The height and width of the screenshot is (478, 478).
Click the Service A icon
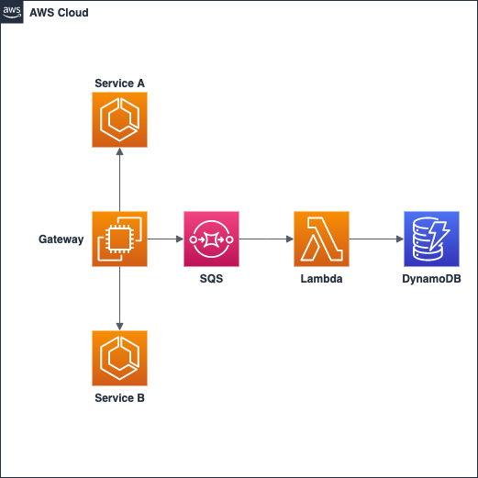(x=119, y=119)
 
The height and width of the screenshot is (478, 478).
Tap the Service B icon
(x=119, y=358)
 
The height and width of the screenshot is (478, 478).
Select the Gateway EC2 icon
(x=119, y=239)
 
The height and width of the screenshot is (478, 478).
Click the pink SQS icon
(x=211, y=239)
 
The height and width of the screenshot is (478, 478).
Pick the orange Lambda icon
(x=321, y=239)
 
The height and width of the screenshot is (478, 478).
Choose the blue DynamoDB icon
(x=431, y=239)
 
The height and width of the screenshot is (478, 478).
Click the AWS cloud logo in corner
(x=12, y=12)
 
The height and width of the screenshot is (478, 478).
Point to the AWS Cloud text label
(x=59, y=13)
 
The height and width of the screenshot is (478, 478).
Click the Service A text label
(x=119, y=83)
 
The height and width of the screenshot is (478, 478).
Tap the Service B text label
(x=119, y=398)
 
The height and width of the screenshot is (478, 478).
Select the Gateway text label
(x=61, y=239)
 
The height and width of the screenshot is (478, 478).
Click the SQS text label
(x=211, y=278)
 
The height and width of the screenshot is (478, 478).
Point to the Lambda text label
(x=321, y=278)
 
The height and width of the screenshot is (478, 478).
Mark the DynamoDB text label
(x=431, y=278)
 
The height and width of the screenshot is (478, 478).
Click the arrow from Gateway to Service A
(x=119, y=179)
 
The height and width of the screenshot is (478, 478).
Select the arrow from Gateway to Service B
(x=119, y=298)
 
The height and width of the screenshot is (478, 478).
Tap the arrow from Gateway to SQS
(x=165, y=239)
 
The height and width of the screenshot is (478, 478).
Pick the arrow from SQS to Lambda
(x=266, y=239)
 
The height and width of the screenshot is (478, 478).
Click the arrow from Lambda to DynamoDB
(x=376, y=239)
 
